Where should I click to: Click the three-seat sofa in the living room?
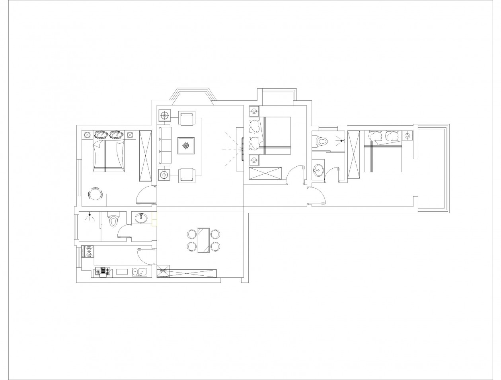[164, 146]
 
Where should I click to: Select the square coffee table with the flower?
[186, 146]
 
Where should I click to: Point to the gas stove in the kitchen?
[103, 272]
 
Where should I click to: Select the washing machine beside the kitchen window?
[88, 252]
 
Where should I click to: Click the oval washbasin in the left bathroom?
[141, 218]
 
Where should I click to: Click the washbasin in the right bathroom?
[318, 171]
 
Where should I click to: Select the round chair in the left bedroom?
[95, 194]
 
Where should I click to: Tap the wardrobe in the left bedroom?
[145, 156]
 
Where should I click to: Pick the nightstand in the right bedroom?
[407, 136]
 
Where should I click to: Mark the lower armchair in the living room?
[186, 175]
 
